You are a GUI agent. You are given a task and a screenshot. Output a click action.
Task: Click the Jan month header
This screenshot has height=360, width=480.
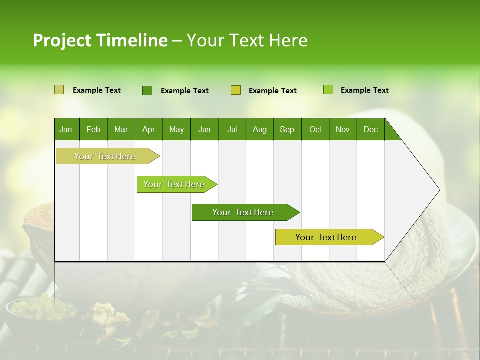pos(66,129)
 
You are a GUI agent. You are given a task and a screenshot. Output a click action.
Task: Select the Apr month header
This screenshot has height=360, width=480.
pos(148,129)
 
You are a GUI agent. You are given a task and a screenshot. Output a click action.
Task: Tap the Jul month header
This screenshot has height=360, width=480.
pos(232,129)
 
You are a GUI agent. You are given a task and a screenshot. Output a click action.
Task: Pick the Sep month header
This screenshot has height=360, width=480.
pos(287,129)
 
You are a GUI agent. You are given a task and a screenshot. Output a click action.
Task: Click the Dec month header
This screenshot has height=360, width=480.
pos(370,129)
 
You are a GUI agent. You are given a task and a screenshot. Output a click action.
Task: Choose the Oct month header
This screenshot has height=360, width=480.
pos(315,129)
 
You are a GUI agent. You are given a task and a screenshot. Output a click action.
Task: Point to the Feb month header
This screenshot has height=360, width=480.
pos(93,129)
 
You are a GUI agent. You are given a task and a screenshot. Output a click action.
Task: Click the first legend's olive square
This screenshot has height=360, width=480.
pos(59,90)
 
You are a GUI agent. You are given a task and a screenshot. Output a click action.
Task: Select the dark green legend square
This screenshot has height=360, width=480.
pos(147,90)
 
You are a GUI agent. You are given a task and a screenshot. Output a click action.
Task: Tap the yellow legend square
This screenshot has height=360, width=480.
pos(236,90)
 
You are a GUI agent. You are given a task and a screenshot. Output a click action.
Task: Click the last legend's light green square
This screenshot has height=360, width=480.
pos(328,90)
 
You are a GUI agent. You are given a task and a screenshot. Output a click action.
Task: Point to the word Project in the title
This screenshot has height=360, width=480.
pos(62,40)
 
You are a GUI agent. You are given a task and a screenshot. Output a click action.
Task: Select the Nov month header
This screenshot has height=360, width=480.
pos(343,129)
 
